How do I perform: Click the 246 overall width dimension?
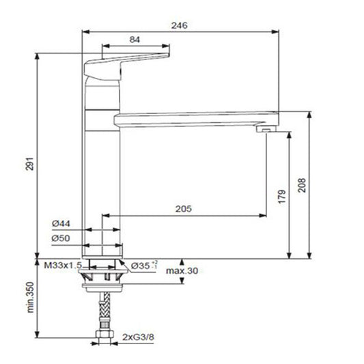(180, 25)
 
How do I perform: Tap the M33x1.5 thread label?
(63, 264)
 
